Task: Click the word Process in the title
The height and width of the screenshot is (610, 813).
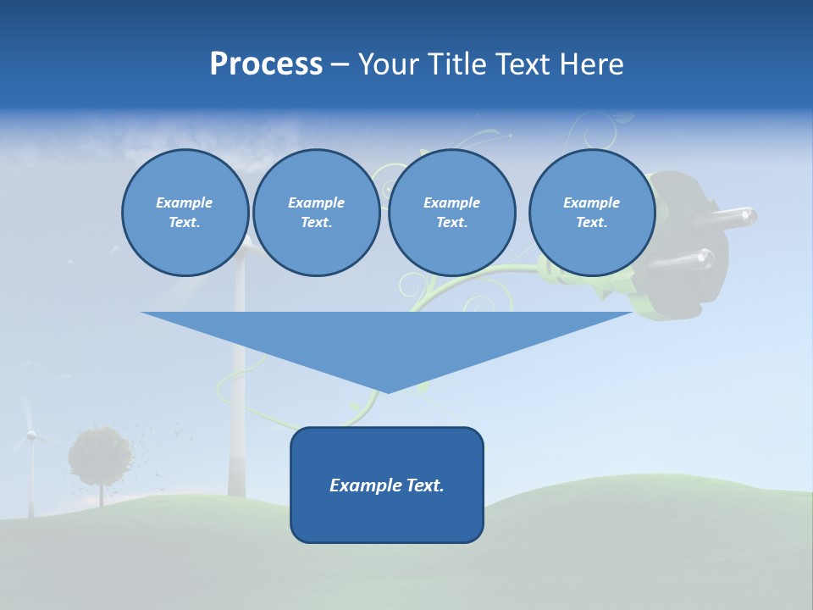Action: pos(266,64)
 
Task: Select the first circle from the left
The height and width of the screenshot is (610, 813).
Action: pos(185,213)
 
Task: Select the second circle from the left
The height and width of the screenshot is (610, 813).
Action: pos(316,213)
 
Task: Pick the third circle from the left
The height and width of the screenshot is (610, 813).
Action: pos(451,213)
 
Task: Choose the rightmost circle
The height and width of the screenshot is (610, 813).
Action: pos(591,213)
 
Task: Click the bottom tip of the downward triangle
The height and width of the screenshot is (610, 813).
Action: pos(388,391)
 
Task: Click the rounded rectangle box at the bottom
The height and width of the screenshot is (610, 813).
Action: pos(387,517)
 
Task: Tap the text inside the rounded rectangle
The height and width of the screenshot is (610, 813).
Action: pos(387,485)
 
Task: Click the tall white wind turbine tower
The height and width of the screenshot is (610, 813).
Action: pos(238,381)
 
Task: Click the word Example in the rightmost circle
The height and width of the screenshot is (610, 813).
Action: pos(591,202)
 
